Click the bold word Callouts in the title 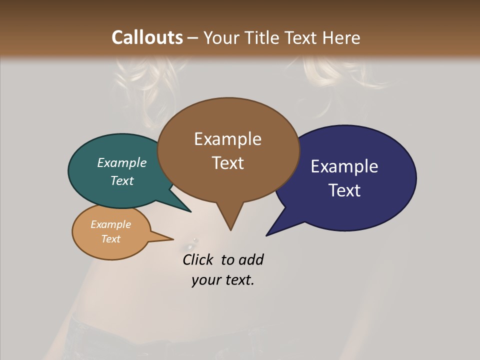(147, 37)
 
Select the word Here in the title (342, 37)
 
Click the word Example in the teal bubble (122, 162)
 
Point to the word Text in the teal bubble (122, 180)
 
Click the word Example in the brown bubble (227, 139)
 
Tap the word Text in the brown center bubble (227, 163)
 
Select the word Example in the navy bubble (344, 166)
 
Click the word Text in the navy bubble (344, 190)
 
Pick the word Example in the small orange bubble (110, 224)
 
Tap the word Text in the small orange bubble (110, 239)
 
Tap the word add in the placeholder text (251, 259)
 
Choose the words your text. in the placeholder (223, 280)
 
